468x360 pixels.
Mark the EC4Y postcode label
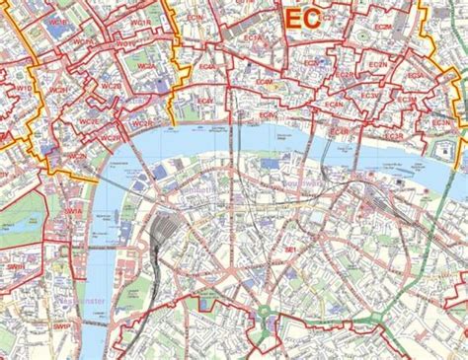point(207,101)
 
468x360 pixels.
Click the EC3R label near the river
point(342,131)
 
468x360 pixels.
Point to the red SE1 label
point(290,250)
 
